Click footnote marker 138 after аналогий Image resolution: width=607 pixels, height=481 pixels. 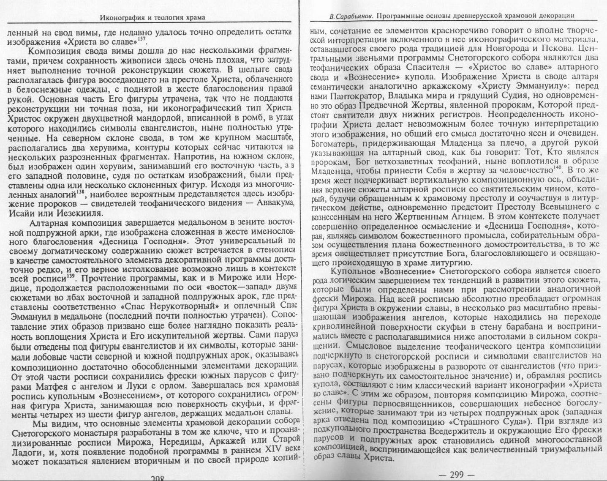tap(80, 193)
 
